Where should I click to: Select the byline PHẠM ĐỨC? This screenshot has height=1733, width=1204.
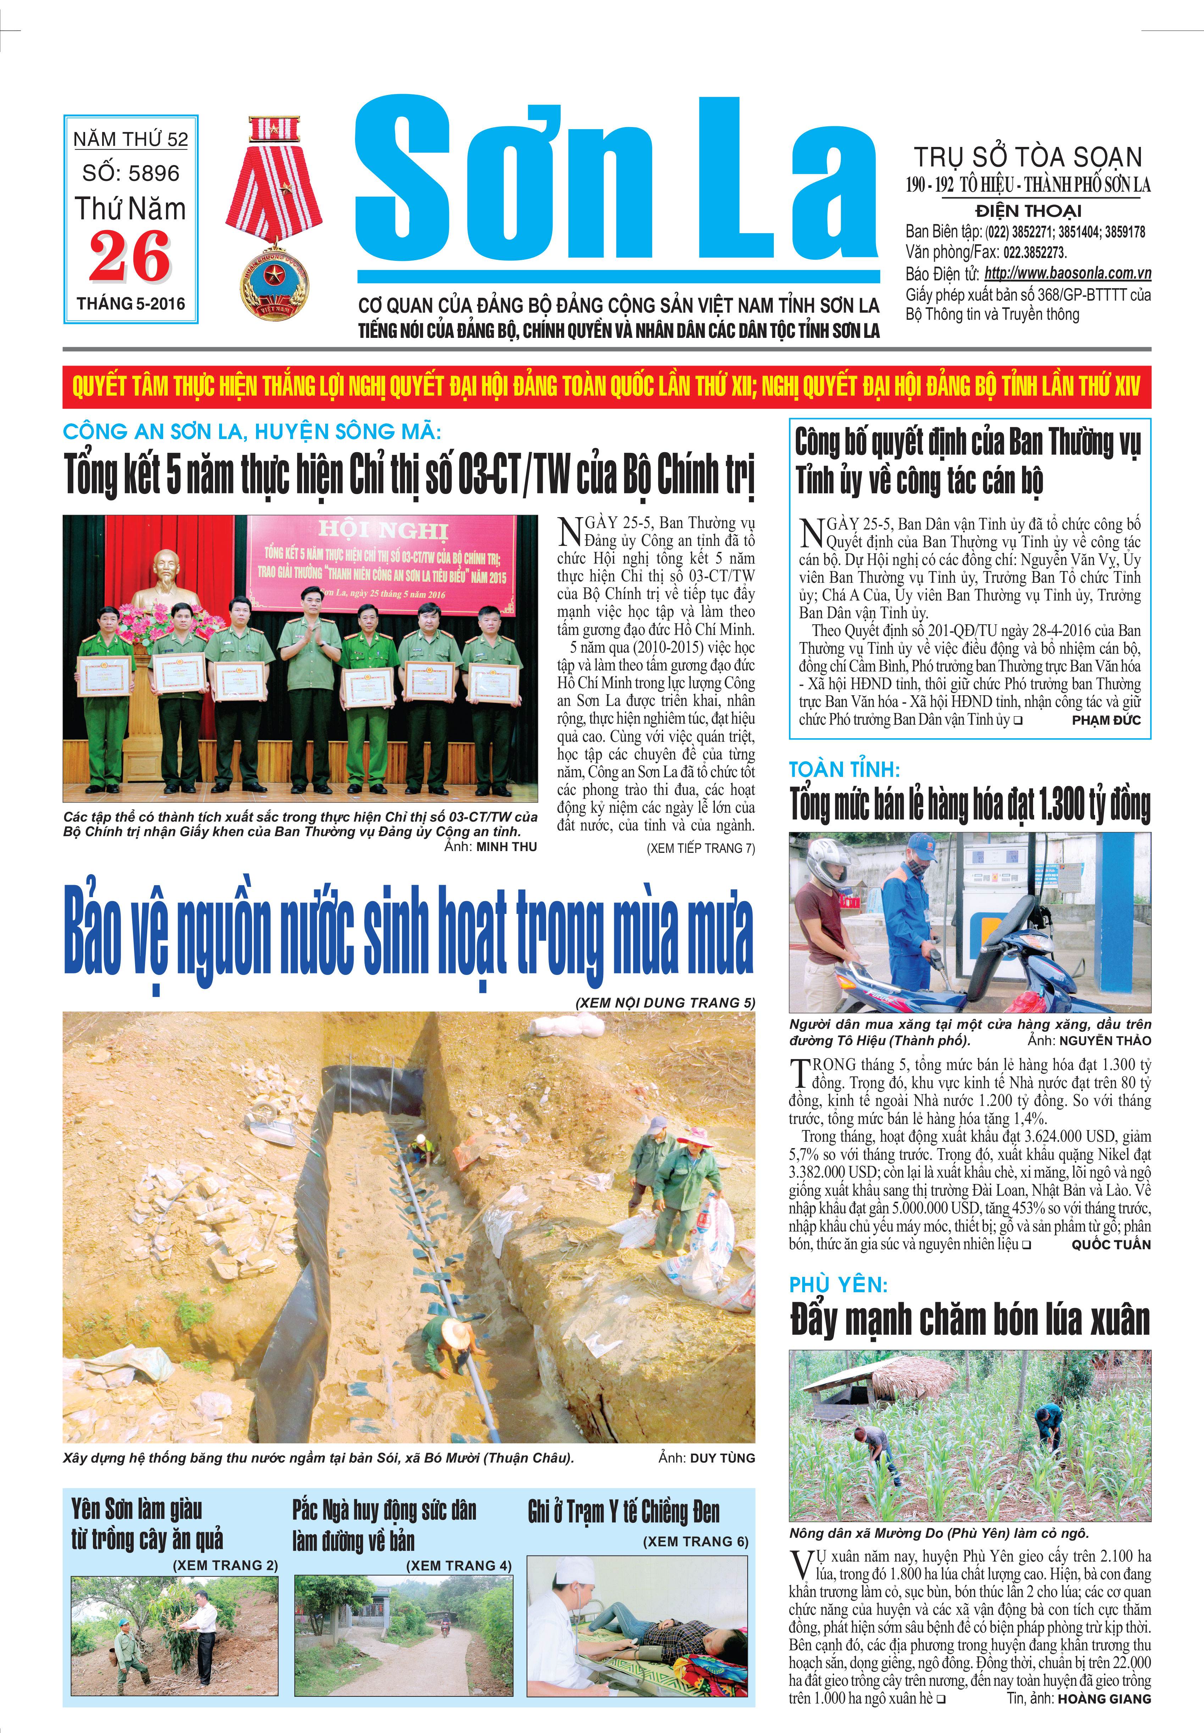pos(1106,720)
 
